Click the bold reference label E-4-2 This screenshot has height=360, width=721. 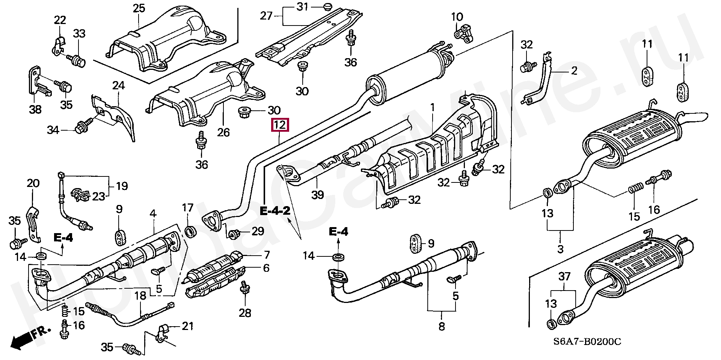coord(275,211)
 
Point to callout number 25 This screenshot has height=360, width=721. coord(139,8)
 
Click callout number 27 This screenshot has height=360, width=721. coord(266,16)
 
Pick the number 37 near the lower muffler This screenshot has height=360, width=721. coord(564,277)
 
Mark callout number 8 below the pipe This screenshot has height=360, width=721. coord(442,326)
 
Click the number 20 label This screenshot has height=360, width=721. coord(33,184)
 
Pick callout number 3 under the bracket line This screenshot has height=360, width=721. coord(560,249)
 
